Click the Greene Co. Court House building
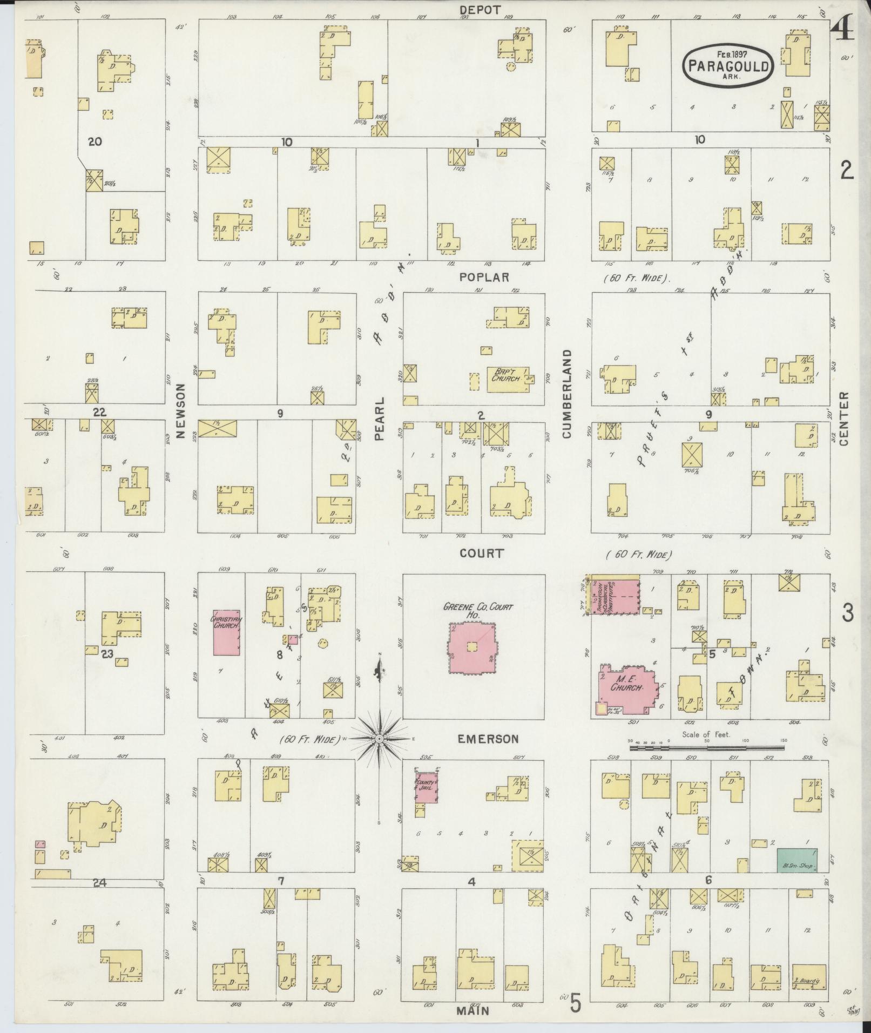472,647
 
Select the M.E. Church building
626,688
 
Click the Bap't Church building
509,379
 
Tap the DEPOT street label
480,9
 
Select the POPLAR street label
484,277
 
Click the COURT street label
482,553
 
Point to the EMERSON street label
488,739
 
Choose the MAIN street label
473,1010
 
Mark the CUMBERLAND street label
566,393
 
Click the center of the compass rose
380,738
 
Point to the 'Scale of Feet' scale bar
706,748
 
